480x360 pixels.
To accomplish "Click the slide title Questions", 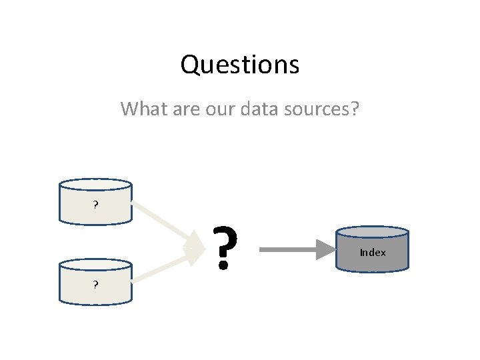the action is (x=239, y=65).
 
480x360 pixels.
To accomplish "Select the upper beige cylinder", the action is (x=96, y=203).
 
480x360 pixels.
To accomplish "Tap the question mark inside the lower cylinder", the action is (x=96, y=285).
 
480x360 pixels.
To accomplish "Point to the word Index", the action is (x=372, y=253).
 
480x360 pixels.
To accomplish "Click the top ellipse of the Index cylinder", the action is (x=372, y=233).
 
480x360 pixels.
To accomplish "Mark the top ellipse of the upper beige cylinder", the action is (x=96, y=185).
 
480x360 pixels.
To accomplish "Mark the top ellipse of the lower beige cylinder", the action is (x=96, y=265).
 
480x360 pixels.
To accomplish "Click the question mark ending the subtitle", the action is (x=353, y=108).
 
